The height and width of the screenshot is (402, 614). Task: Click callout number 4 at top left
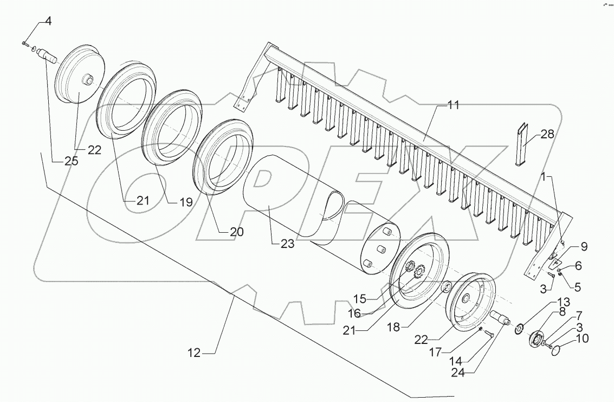(x=48, y=22)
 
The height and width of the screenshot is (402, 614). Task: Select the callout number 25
(x=70, y=161)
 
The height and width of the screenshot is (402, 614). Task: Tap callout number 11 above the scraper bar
(x=453, y=105)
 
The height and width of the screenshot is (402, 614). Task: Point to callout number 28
(x=547, y=134)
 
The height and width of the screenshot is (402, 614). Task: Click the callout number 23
(x=287, y=244)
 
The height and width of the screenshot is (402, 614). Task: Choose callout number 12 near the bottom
(x=194, y=353)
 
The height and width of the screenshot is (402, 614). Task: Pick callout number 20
(x=236, y=232)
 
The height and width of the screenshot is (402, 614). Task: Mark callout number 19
(x=186, y=202)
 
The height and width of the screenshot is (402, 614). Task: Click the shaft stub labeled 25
(x=51, y=56)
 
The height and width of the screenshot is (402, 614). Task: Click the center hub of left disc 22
(x=87, y=80)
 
